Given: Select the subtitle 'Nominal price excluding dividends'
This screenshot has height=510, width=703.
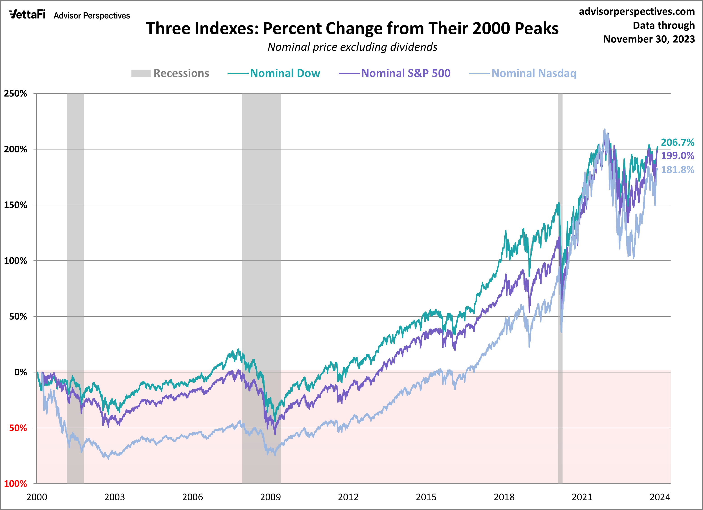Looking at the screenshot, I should click(x=352, y=47).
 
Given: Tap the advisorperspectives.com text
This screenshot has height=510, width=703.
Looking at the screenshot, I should click(x=637, y=11).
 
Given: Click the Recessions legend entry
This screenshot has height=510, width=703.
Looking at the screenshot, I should click(x=170, y=74).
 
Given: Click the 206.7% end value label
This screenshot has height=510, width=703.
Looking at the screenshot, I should click(x=677, y=142).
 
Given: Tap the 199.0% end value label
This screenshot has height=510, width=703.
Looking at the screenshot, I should click(x=677, y=156).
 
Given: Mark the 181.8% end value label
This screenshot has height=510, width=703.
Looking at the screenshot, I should click(x=677, y=170).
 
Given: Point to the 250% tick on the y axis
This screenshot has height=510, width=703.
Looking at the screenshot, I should click(x=16, y=94).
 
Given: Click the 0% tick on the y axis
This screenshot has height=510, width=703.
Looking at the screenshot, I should click(x=21, y=372).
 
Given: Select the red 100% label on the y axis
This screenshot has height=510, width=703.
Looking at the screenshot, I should click(x=16, y=484).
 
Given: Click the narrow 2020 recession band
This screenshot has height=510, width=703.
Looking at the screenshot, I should click(x=560, y=279).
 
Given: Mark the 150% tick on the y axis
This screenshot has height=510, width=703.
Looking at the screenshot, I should click(x=16, y=205).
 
